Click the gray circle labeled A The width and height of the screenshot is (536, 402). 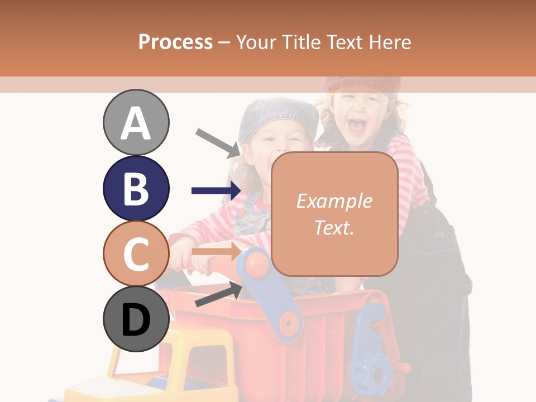(136, 122)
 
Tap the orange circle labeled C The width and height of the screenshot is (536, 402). (136, 253)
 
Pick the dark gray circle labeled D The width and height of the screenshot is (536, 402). (136, 319)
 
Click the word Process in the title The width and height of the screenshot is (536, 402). (175, 42)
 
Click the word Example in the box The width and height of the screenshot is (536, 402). (334, 201)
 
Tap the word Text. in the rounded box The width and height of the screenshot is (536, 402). (334, 227)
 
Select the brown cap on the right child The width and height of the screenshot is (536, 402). (363, 83)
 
